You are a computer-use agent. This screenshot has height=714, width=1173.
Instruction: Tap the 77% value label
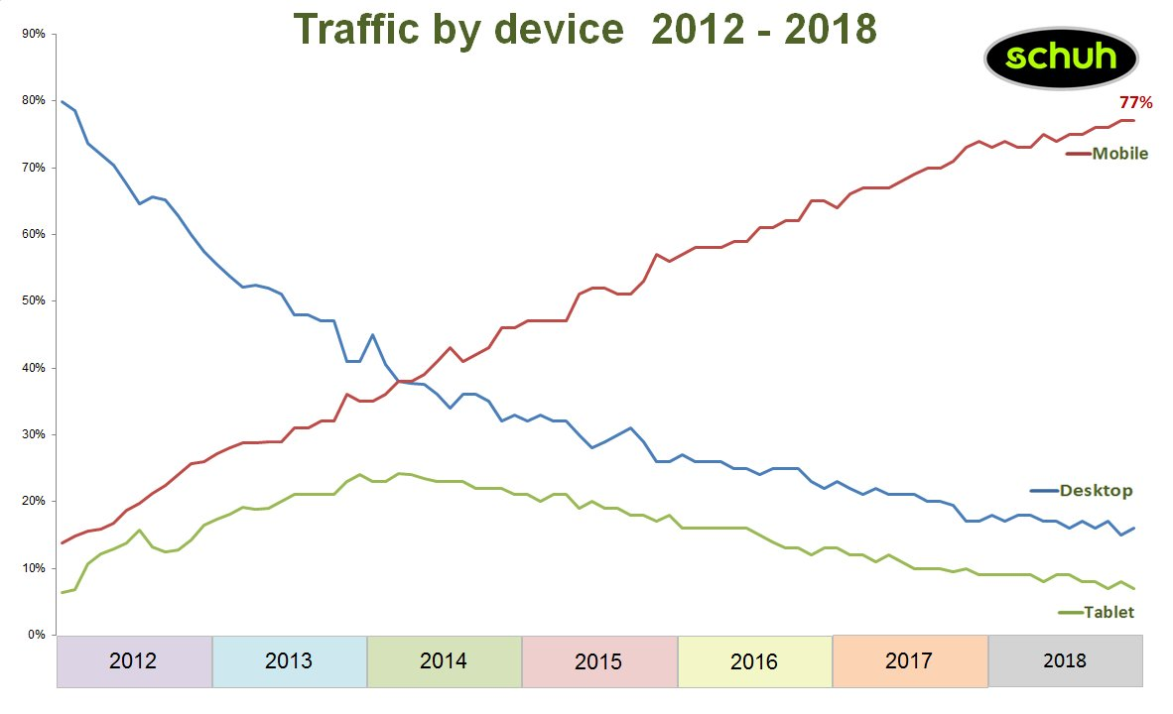[1135, 102]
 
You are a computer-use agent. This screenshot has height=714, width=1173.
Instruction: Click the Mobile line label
[1119, 154]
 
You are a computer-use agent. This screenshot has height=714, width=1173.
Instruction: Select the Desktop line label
[1096, 490]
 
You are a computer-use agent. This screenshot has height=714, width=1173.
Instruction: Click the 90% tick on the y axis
[33, 34]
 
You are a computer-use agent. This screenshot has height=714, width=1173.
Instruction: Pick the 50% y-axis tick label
[33, 300]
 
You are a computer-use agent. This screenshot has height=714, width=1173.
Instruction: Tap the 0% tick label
[36, 635]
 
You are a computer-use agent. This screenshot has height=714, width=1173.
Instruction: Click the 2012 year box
[134, 661]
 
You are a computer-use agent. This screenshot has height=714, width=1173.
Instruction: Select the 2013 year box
[289, 661]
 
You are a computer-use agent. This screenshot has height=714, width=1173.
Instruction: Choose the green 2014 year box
[444, 661]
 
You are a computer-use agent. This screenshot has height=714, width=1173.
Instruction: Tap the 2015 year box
[598, 661]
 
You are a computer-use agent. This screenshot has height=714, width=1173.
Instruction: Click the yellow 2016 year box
[754, 661]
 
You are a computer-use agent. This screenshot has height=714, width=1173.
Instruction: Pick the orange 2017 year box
[910, 661]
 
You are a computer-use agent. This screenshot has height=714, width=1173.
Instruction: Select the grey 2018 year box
[1065, 661]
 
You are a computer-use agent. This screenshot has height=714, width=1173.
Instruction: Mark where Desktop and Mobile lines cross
[400, 381]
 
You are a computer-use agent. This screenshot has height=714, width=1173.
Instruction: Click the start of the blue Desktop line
[63, 101]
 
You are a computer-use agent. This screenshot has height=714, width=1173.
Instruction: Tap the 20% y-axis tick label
[33, 501]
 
